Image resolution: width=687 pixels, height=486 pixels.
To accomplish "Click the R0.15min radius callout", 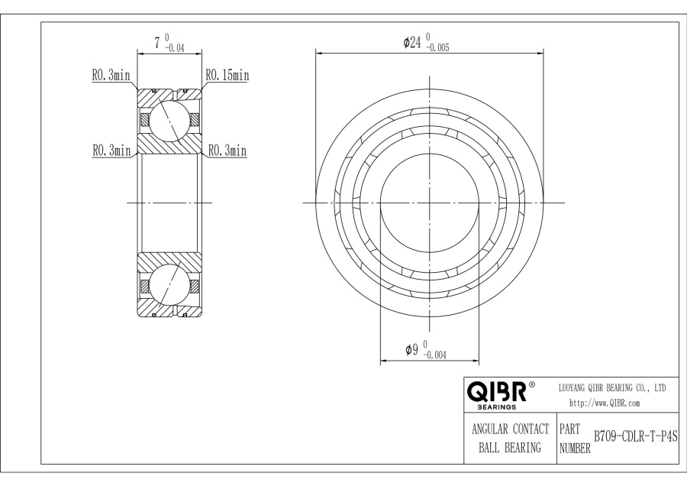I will coord(227,75).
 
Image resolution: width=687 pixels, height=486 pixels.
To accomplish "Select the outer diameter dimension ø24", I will coord(412,43).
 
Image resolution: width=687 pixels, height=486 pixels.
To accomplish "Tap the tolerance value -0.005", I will coord(437,47).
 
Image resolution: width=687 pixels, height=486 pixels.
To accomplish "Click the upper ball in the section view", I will coord(168,120).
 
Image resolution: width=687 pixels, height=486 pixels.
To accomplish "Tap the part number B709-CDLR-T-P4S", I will coord(635,436).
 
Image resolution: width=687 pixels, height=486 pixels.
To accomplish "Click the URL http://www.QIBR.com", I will coord(605,403).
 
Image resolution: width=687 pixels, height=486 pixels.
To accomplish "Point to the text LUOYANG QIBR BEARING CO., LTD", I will coord(613,388).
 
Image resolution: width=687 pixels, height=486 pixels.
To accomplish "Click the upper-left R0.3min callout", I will coord(111,76).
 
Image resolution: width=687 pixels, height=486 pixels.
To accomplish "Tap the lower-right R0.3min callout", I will coord(227,151).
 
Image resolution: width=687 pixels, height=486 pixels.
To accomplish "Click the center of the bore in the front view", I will coord(430,202).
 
